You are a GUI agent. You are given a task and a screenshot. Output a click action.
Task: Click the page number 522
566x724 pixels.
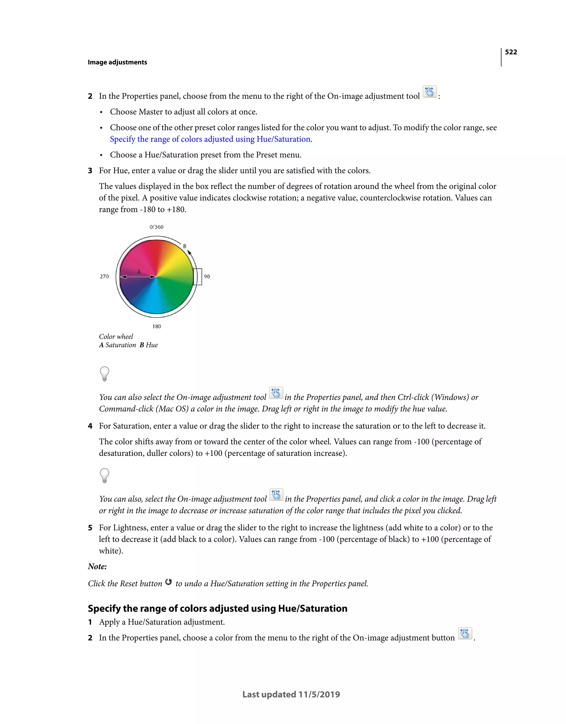(x=511, y=52)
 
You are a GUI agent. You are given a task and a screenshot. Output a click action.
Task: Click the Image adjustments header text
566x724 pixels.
(x=117, y=62)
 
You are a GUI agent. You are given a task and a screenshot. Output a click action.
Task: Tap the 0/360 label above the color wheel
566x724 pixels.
(x=156, y=227)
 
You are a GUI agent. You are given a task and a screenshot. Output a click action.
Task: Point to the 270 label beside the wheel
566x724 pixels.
(x=104, y=276)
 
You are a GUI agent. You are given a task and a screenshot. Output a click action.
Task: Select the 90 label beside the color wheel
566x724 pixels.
(x=207, y=276)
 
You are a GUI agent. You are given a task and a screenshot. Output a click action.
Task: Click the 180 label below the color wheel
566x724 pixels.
(x=157, y=327)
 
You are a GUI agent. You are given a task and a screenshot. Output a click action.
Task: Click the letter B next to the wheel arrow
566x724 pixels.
(x=185, y=246)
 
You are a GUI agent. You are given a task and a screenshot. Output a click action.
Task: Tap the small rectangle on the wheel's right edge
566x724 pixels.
(x=198, y=276)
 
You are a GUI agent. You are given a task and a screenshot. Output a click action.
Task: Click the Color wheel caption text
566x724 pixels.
(x=116, y=337)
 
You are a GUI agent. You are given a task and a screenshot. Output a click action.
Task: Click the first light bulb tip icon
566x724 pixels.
(x=104, y=374)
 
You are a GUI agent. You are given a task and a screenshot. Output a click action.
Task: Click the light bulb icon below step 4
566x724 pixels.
(x=104, y=475)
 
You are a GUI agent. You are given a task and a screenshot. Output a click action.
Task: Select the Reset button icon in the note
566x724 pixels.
(x=168, y=582)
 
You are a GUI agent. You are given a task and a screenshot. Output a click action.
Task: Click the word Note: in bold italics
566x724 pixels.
(x=98, y=566)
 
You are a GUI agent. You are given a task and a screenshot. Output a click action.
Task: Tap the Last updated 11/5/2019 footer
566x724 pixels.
(x=291, y=694)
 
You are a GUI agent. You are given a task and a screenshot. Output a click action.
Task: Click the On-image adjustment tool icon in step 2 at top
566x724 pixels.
(x=430, y=92)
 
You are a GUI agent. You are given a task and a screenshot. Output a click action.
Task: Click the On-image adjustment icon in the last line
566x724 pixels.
(x=465, y=633)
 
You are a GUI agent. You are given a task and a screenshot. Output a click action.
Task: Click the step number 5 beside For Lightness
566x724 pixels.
(x=90, y=528)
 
